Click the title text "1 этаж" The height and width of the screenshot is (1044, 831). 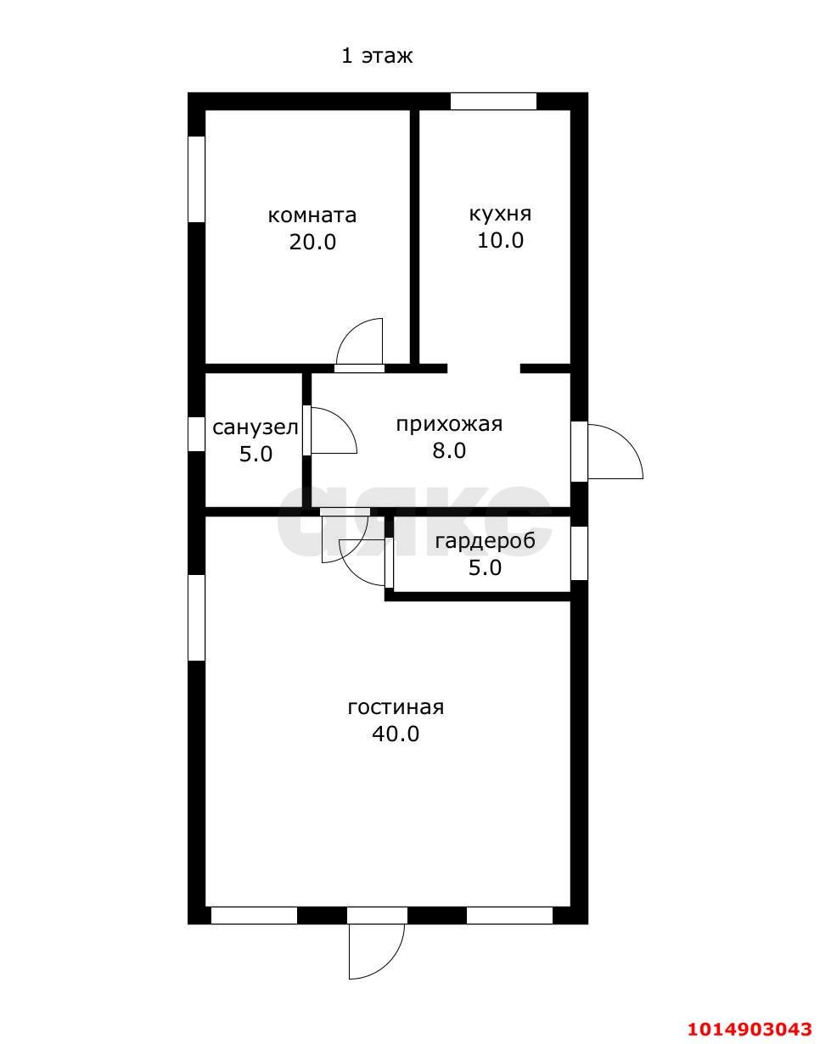[x=377, y=56]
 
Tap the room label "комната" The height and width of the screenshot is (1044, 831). [x=312, y=215]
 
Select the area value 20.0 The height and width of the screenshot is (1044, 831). [x=312, y=242]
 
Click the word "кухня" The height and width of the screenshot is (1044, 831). [x=500, y=215]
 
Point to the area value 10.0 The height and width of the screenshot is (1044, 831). [x=500, y=240]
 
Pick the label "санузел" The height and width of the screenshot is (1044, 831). [x=255, y=427]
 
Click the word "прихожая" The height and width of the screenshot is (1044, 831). [x=449, y=424]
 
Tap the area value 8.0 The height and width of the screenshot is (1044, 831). [x=449, y=450]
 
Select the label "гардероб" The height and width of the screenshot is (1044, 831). [x=485, y=540]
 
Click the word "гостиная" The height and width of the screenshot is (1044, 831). [x=396, y=706]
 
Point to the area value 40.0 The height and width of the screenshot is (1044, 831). [x=396, y=734]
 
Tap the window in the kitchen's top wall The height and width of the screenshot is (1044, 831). [x=493, y=102]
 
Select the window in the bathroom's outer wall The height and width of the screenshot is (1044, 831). [x=196, y=433]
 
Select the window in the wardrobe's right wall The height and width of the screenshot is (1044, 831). [x=579, y=553]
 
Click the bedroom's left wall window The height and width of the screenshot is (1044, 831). [x=196, y=179]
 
